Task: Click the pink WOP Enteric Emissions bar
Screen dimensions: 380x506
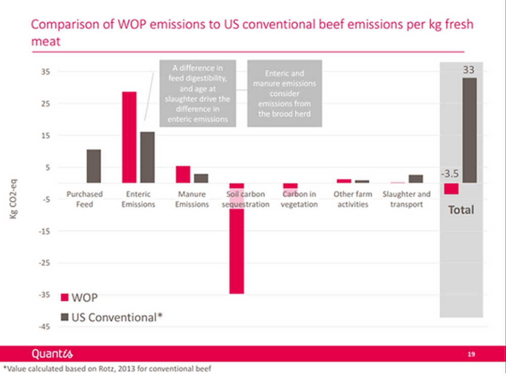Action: coord(130,137)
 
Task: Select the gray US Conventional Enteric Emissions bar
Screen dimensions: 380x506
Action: coord(147,157)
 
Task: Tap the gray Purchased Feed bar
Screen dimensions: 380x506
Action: coord(94,166)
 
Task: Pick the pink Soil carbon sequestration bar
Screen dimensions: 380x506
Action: coord(236,238)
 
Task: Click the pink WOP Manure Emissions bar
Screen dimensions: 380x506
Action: coord(183,174)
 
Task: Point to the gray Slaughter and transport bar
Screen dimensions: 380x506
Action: coord(416,179)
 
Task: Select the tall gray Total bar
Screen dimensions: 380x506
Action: coord(469,130)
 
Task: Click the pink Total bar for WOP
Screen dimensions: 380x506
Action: coord(451,188)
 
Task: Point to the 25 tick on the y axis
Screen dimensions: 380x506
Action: coord(45,104)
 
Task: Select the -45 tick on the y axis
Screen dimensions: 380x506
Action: coord(44,327)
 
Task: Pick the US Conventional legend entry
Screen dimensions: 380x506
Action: coord(111,318)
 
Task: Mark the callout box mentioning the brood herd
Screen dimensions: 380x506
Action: coord(284,94)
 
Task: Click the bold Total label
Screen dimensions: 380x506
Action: coord(461,209)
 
